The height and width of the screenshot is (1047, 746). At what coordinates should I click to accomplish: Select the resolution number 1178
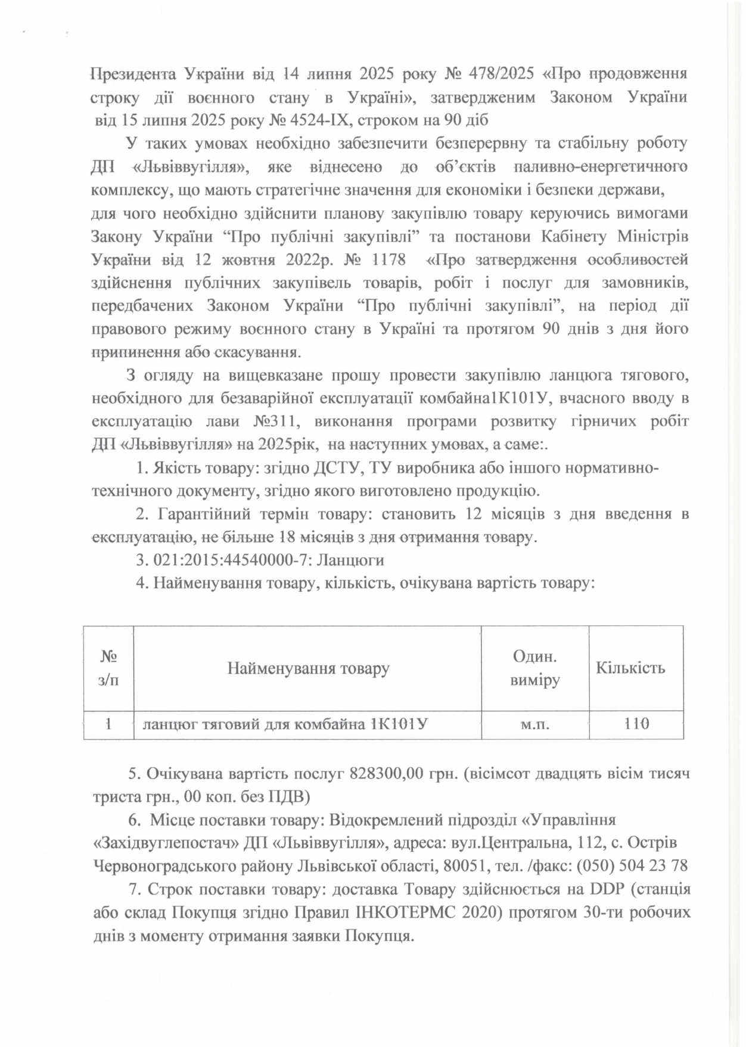coord(389,260)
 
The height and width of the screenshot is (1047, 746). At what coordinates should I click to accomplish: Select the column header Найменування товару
coord(307,668)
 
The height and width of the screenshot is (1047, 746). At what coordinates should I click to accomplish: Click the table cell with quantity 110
coord(636,725)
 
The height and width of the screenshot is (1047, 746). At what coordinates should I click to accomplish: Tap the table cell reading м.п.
coord(534,725)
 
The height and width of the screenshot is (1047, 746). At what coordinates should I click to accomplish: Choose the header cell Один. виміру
coord(534,668)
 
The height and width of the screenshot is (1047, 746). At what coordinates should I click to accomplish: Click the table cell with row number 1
coord(108,725)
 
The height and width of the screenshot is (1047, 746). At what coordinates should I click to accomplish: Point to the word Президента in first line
coord(132,75)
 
